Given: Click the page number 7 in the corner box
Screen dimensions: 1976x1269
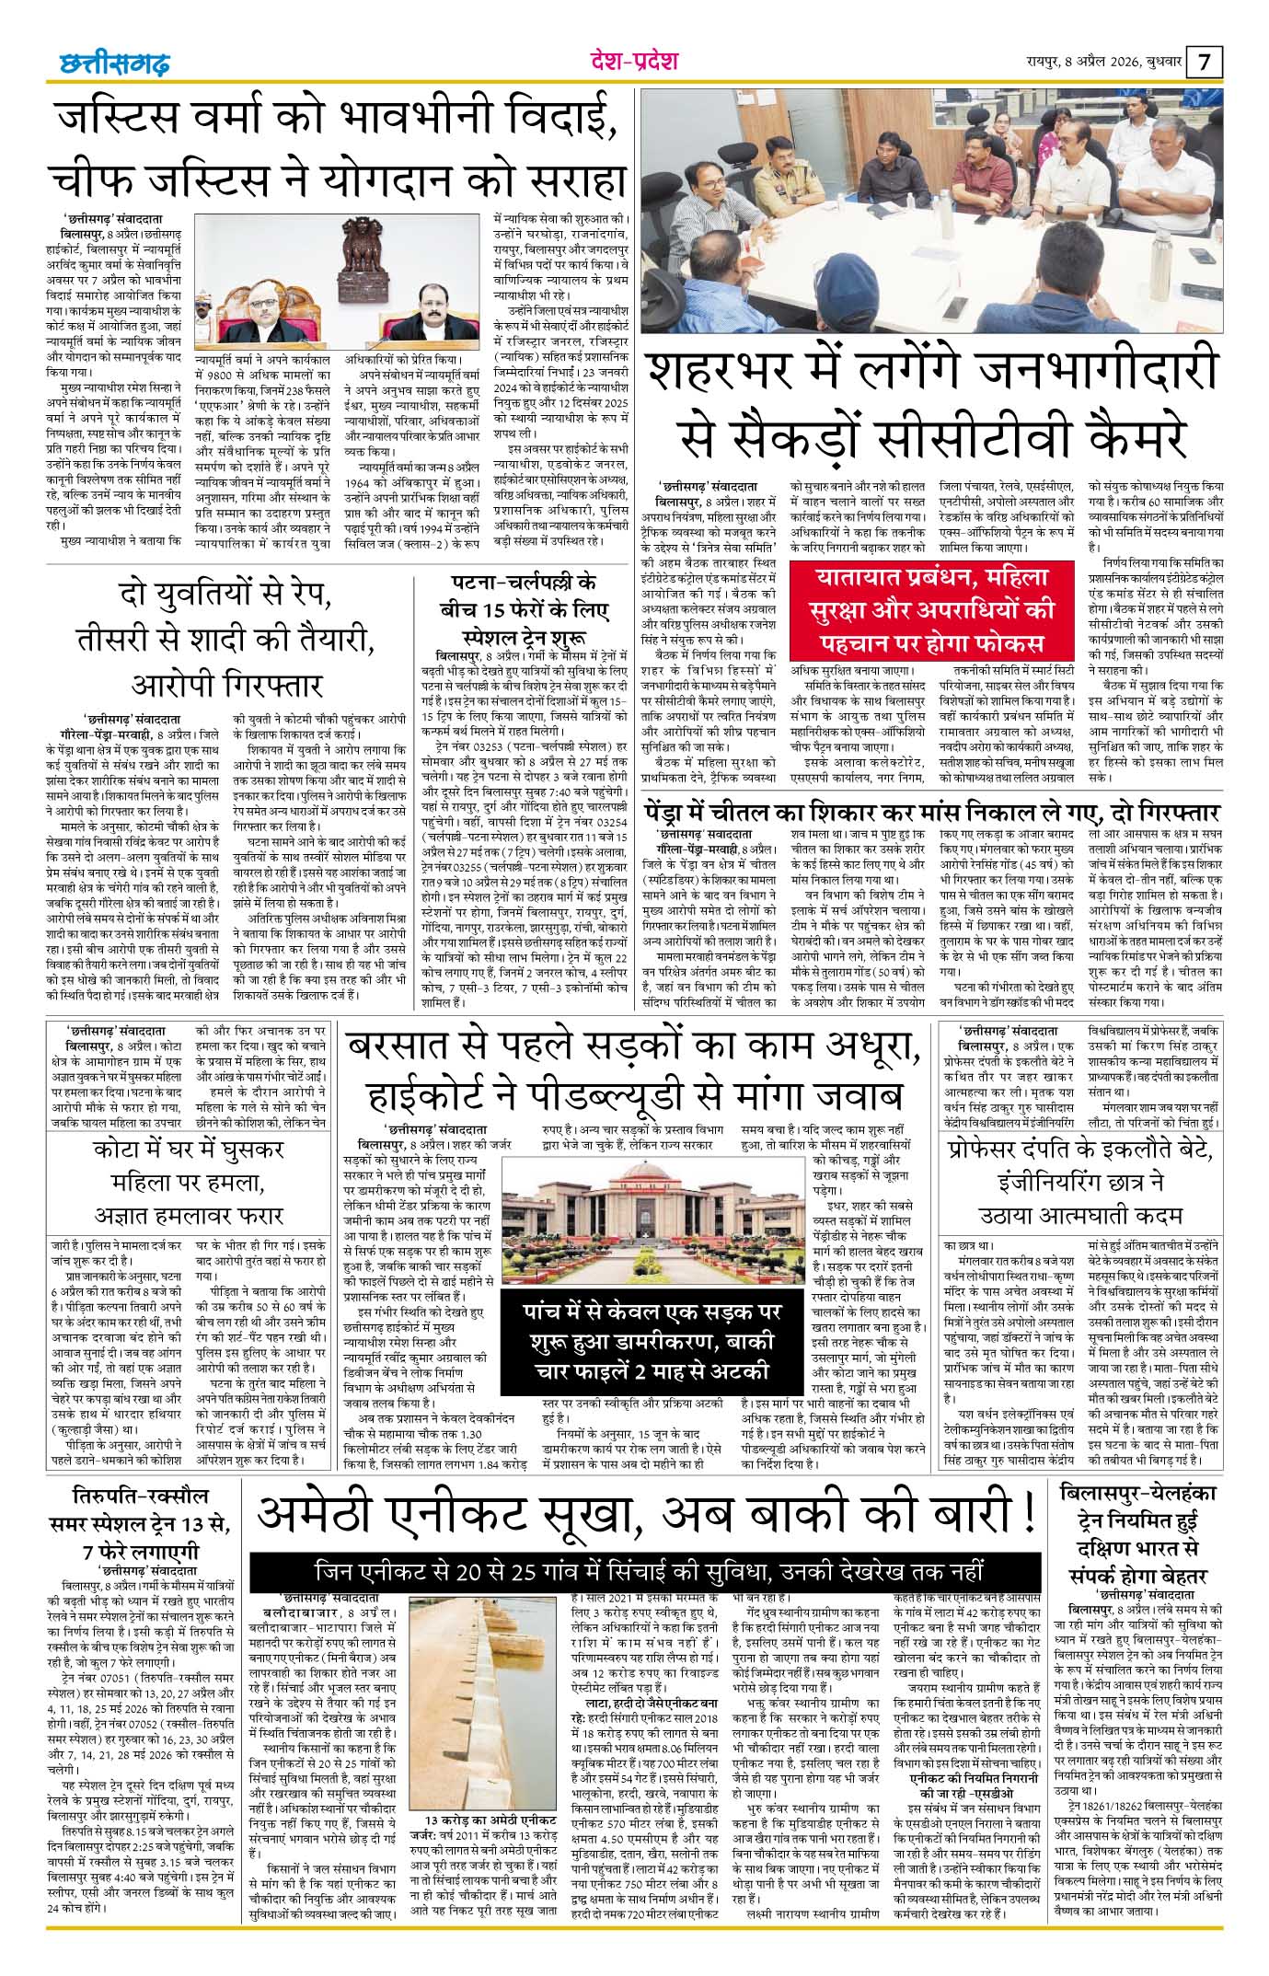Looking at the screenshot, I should point(1206,64).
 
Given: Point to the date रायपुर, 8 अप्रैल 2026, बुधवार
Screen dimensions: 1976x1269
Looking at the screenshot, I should point(1103,64).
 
